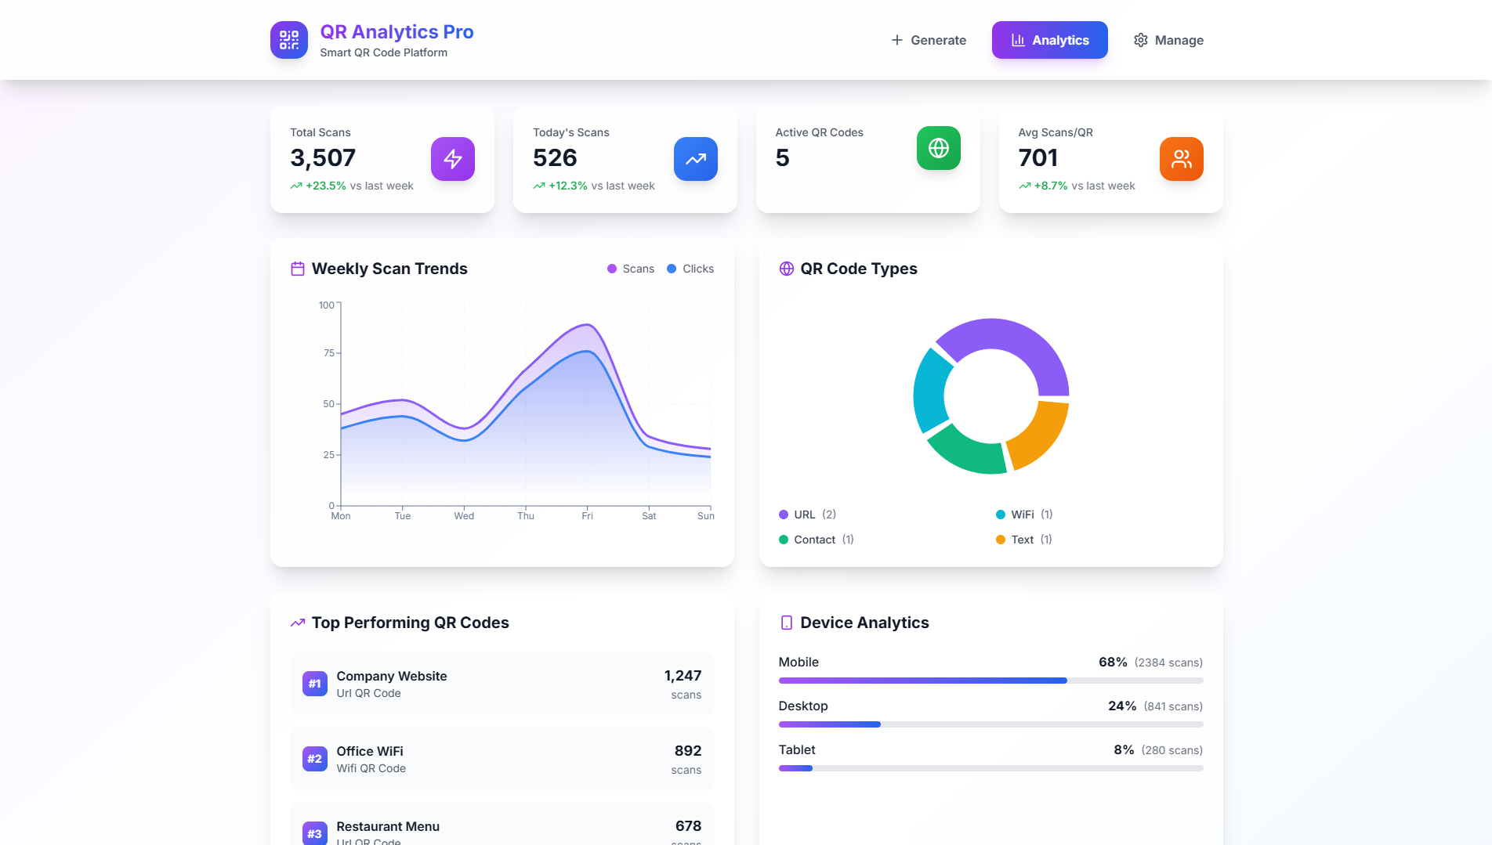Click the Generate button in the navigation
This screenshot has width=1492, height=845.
pos(929,40)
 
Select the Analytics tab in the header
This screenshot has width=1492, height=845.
pos(1049,40)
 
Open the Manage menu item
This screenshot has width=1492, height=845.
pos(1168,40)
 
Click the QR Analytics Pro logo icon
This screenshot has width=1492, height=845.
pos(289,40)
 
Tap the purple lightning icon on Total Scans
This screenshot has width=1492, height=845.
pos(453,159)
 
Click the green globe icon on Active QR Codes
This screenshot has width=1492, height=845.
pos(938,148)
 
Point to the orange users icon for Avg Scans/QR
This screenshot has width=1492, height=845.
pos(1181,159)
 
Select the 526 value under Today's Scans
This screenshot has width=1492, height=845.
pos(555,158)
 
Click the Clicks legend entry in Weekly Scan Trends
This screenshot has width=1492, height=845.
pos(690,269)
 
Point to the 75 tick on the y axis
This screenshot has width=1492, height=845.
pos(329,353)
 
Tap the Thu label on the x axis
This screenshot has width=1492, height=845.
pos(526,516)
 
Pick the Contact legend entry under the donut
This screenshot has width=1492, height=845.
pos(816,540)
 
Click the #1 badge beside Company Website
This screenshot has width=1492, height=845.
pos(315,684)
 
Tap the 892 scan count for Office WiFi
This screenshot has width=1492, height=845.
pos(687,751)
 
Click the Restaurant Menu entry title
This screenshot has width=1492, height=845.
pos(388,826)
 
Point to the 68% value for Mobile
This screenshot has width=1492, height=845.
pos(1113,663)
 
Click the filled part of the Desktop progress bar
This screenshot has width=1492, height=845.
pos(829,724)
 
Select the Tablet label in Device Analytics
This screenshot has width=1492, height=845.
pos(797,750)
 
